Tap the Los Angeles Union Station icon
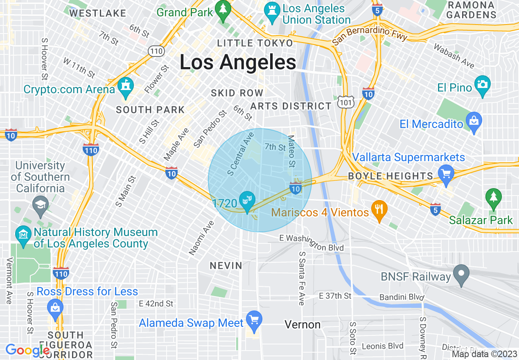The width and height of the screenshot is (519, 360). click(271, 11)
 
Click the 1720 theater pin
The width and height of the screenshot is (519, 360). click(247, 200)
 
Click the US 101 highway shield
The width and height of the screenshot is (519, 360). click(346, 102)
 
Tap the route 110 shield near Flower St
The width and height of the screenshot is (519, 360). click(157, 51)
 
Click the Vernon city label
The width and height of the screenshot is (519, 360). click(302, 325)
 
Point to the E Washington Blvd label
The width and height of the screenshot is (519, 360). click(311, 243)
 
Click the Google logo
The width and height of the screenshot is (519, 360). click(27, 350)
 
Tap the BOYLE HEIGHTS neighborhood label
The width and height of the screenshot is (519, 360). click(390, 176)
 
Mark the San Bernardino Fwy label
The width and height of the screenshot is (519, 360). click(369, 36)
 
